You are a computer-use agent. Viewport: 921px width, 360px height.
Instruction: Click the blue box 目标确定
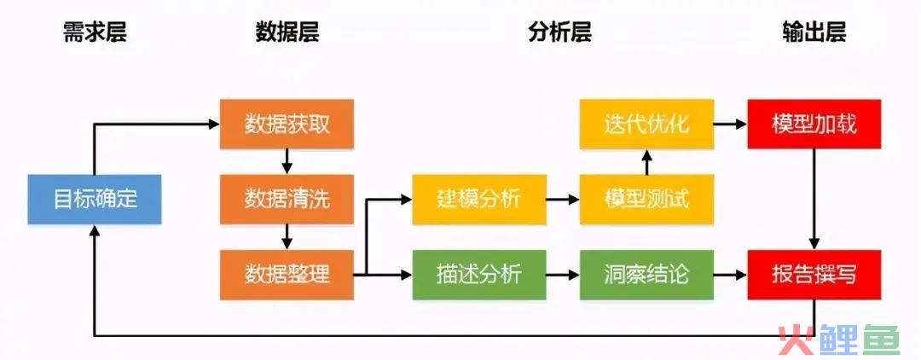point(95,199)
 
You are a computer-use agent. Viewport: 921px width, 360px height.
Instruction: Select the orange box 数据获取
point(287,124)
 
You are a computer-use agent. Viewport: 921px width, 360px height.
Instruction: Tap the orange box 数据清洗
point(287,199)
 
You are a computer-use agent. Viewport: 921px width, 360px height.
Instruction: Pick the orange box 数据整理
point(287,274)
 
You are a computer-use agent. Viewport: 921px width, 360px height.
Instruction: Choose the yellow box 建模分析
point(479,199)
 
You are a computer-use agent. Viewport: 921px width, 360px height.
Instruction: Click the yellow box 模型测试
point(646,199)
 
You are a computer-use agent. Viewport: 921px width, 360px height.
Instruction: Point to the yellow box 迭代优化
point(646,124)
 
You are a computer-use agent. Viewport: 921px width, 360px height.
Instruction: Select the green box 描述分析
point(479,274)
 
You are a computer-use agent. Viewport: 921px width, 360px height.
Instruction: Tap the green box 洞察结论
point(646,274)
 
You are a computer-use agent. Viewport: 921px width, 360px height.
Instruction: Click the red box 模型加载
point(814,124)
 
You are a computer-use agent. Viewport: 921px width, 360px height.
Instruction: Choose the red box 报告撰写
point(814,274)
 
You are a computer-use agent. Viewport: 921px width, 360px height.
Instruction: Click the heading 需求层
point(95,32)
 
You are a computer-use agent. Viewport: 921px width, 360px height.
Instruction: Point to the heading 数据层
point(287,32)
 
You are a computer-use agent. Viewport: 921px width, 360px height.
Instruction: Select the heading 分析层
point(559,32)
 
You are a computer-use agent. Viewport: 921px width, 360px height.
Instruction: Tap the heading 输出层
point(814,32)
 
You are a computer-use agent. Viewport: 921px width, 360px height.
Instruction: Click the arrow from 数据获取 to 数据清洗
point(287,161)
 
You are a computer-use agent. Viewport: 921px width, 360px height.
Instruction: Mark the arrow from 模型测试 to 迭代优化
point(646,162)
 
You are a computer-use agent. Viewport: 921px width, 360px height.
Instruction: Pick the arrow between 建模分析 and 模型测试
point(563,200)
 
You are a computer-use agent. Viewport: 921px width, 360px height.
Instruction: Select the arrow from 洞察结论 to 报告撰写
point(730,274)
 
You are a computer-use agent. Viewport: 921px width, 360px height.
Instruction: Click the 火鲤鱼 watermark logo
point(839,340)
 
